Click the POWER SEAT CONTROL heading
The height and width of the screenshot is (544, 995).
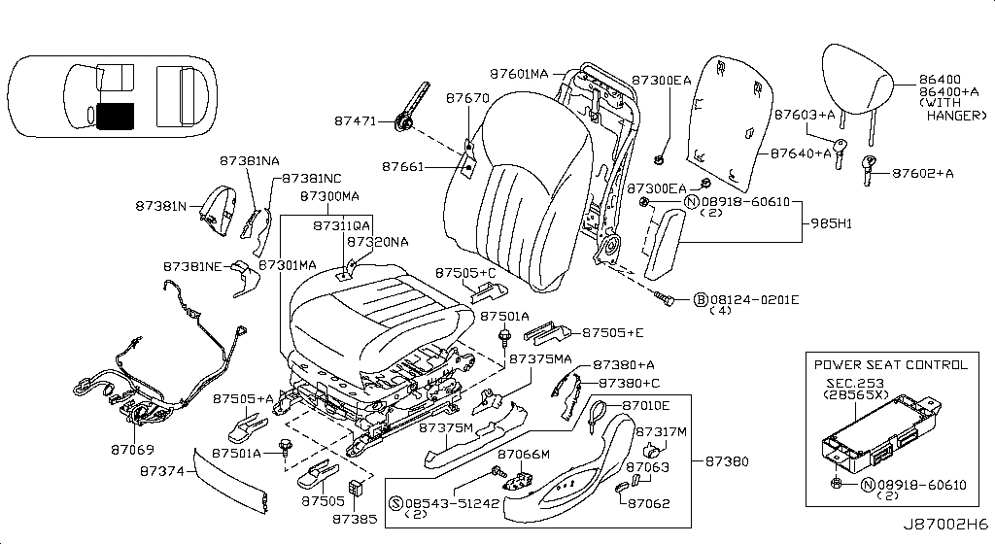891,365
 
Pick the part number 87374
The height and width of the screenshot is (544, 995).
161,470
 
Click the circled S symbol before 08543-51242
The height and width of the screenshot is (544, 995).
395,503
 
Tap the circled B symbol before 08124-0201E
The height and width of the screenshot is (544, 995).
700,299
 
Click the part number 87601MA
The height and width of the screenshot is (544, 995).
520,74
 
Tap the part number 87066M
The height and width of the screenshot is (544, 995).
524,454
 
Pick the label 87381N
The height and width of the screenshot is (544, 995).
161,206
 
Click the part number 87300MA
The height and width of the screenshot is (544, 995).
330,196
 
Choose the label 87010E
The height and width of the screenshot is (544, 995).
646,405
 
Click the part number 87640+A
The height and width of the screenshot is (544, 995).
802,153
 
